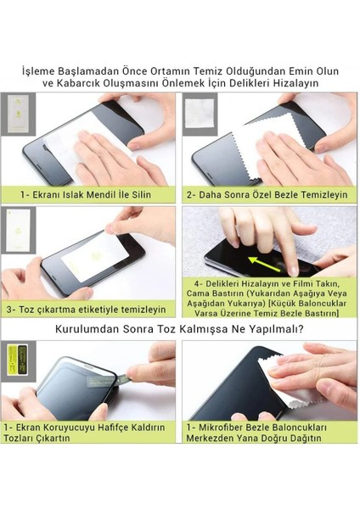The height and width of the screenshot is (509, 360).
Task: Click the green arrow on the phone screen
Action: point(264,263)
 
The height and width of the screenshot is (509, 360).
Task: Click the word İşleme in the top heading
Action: point(37,70)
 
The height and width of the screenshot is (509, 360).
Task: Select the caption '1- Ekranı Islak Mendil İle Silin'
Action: point(86,195)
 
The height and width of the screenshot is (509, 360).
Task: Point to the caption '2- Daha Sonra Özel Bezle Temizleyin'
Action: point(267,195)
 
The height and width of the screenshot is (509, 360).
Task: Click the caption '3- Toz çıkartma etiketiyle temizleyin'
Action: point(86,310)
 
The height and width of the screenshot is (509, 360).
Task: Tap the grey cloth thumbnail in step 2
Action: point(200,114)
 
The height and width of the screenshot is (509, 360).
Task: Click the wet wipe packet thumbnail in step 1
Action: point(18,114)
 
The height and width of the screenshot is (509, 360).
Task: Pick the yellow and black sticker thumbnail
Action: point(17,360)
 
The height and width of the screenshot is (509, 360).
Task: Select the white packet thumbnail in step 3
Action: point(18,230)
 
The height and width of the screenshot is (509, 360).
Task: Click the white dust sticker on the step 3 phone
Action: point(95,256)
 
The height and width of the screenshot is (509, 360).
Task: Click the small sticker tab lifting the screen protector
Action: point(123,379)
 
